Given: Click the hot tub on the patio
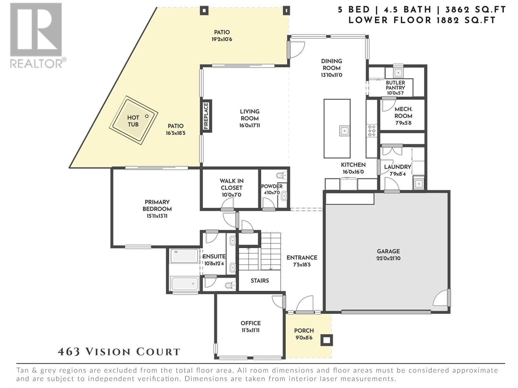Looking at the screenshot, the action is (133, 120).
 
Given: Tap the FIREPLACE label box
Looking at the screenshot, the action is (206, 116).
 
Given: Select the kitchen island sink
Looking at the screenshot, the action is (344, 131).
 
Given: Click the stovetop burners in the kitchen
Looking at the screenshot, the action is (371, 131).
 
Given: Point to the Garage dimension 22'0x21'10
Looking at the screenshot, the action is (388, 258).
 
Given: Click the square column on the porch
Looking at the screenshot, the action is (327, 340).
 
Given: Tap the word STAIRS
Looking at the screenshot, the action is (260, 281).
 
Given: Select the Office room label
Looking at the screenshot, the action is (251, 323).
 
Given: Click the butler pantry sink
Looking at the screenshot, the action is (398, 72).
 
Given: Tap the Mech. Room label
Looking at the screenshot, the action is (403, 113).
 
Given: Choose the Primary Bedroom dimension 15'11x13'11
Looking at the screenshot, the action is (157, 216).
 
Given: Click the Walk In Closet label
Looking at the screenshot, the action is (231, 184).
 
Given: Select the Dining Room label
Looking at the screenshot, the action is (332, 65).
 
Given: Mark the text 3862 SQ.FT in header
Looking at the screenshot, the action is (475, 10).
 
